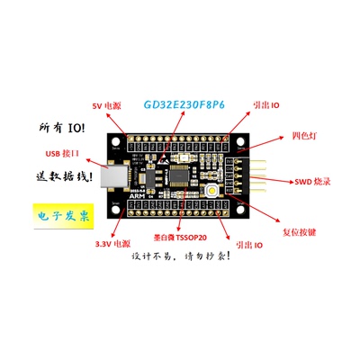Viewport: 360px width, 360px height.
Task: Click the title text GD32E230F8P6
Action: click(x=184, y=103)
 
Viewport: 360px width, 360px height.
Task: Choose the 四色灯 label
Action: click(x=304, y=136)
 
